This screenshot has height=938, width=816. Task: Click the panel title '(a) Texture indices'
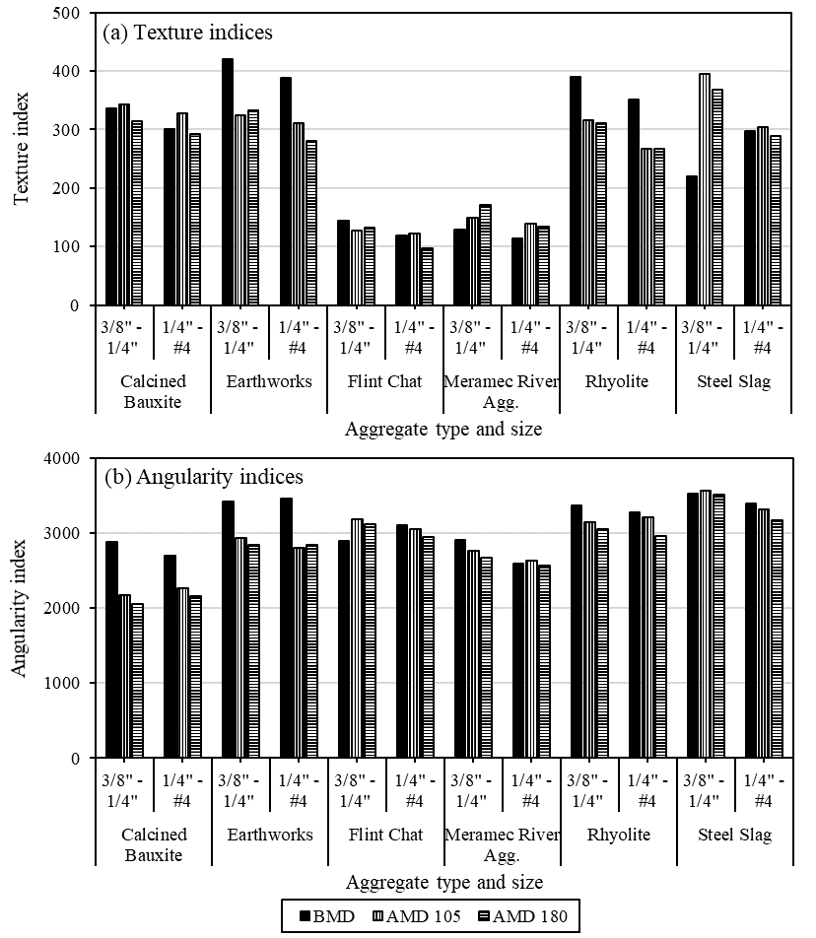point(187,33)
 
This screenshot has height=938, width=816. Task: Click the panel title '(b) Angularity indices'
point(204,478)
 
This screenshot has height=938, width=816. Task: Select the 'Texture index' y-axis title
point(22,160)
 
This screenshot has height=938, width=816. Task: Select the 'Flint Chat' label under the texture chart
point(385,382)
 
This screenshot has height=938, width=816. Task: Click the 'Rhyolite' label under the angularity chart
point(618,835)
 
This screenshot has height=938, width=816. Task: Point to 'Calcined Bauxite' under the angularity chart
point(154,844)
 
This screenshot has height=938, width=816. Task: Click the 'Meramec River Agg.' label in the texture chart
point(502,391)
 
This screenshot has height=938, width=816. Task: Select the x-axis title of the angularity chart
point(443,882)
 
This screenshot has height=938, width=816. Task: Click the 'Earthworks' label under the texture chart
point(270,382)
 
